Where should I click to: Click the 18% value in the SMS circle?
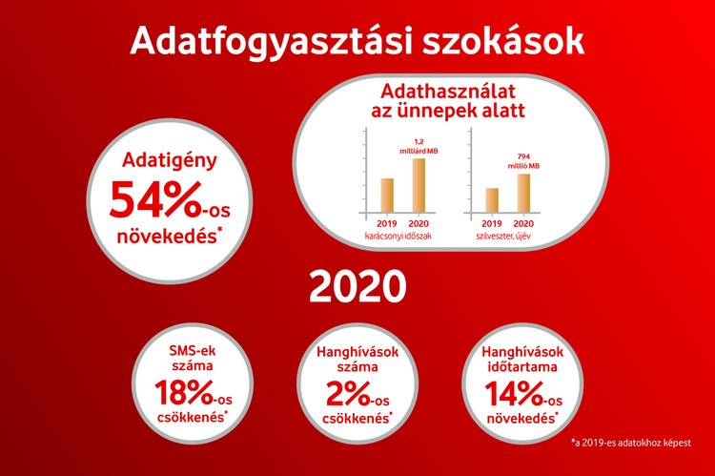[180, 394]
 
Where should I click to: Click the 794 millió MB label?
[523, 161]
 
